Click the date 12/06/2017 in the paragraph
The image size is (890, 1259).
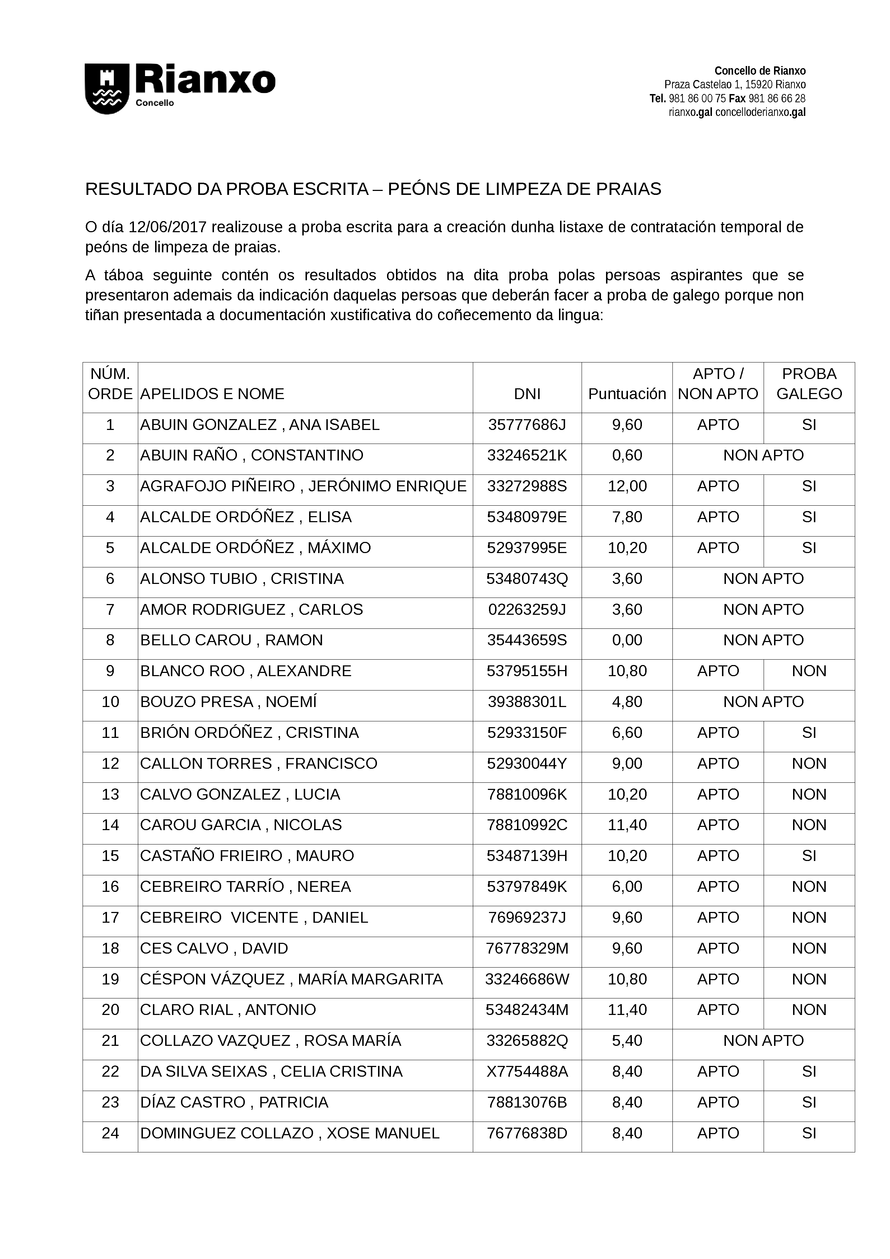pyautogui.click(x=167, y=227)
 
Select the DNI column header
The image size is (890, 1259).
pyautogui.click(x=527, y=394)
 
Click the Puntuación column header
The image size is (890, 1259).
pyautogui.click(x=627, y=394)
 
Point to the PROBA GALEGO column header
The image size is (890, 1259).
pyautogui.click(x=809, y=384)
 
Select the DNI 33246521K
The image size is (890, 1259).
pyautogui.click(x=527, y=456)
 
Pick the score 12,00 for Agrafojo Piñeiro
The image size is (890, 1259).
pyautogui.click(x=627, y=486)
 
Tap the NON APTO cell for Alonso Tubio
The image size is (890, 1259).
pyautogui.click(x=763, y=579)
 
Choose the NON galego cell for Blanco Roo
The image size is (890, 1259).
pyautogui.click(x=809, y=671)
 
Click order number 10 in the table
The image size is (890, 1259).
pyautogui.click(x=110, y=702)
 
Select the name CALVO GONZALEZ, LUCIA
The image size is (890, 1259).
pyautogui.click(x=240, y=795)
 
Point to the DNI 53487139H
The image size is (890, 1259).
pyautogui.click(x=527, y=856)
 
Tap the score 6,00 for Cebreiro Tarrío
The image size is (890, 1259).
pyautogui.click(x=627, y=887)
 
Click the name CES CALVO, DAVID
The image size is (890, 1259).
pyautogui.click(x=214, y=948)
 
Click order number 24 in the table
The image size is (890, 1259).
pyautogui.click(x=110, y=1133)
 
